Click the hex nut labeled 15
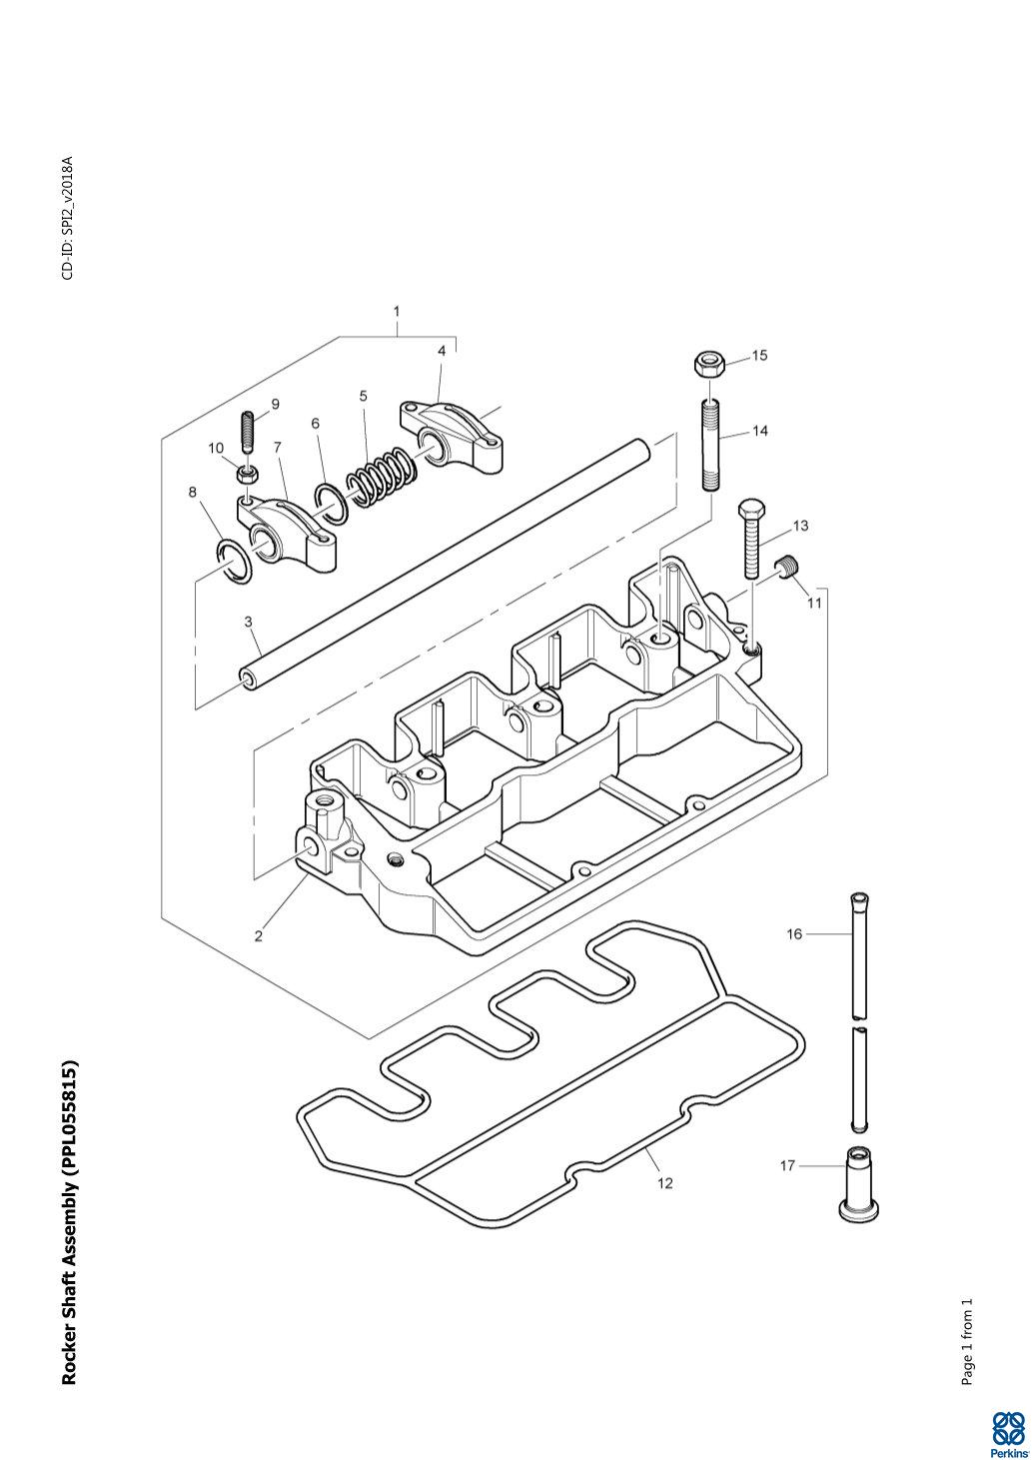[x=707, y=363]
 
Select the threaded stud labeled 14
[x=710, y=444]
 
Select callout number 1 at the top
[x=396, y=312]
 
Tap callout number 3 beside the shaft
[x=248, y=622]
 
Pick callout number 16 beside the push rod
[x=794, y=934]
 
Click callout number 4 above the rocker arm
[x=442, y=351]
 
